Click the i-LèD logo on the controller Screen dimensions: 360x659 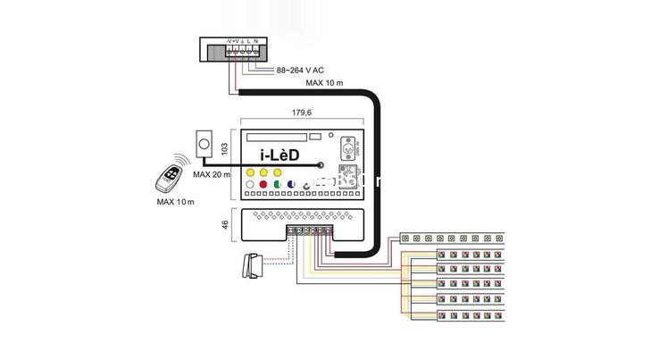[279, 156]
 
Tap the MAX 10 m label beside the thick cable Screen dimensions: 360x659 [324, 83]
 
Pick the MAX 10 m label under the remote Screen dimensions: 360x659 [175, 202]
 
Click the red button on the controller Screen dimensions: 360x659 [264, 185]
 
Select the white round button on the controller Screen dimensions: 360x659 [250, 185]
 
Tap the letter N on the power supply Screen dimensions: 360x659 [258, 41]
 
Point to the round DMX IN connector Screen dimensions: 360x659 [346, 143]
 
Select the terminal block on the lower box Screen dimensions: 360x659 [309, 230]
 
